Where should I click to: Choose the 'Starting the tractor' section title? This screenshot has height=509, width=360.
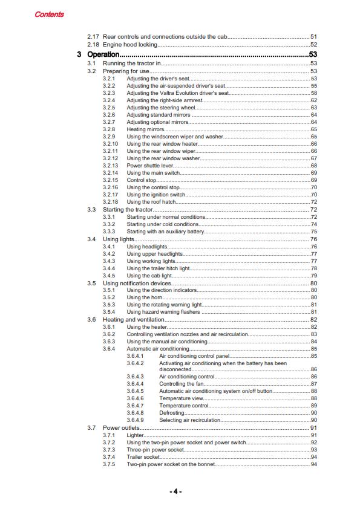pyautogui.click(x=128, y=209)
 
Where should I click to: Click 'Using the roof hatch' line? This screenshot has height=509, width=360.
pyautogui.click(x=151, y=202)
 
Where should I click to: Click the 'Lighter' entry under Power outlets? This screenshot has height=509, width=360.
pyautogui.click(x=136, y=435)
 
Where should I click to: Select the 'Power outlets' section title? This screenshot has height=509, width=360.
pyautogui.click(x=122, y=428)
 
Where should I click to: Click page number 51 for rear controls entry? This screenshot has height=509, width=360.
pyautogui.click(x=313, y=37)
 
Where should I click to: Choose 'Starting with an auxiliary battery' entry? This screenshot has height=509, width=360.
pyautogui.click(x=166, y=232)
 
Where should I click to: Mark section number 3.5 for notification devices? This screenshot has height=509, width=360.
pyautogui.click(x=91, y=283)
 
